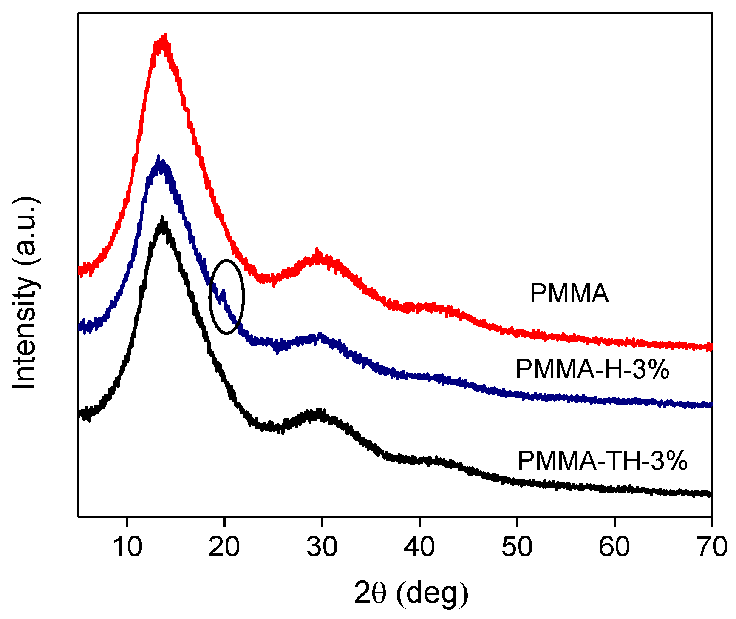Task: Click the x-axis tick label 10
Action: click(x=127, y=546)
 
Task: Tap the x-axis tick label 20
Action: click(x=224, y=546)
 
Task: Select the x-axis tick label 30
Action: click(x=322, y=546)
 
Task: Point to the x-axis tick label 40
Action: click(x=419, y=546)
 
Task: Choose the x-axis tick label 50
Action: click(x=516, y=546)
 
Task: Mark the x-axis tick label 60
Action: click(x=614, y=546)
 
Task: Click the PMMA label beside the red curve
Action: click(x=569, y=294)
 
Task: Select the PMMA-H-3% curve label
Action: click(x=592, y=369)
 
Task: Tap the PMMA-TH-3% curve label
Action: click(x=602, y=460)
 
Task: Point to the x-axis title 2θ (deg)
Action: click(x=410, y=593)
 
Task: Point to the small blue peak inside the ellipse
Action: click(x=224, y=291)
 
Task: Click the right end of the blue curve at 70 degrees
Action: click(x=710, y=405)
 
